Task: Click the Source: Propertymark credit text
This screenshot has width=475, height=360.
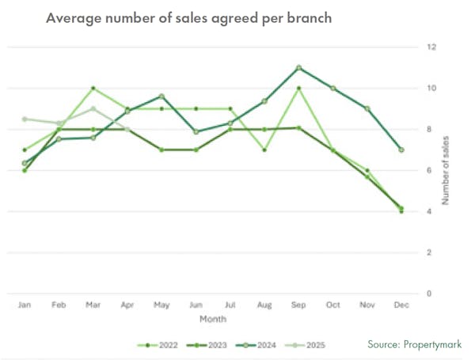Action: (414, 345)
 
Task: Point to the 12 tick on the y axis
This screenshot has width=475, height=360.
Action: (431, 47)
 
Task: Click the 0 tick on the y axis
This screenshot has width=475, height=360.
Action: (429, 294)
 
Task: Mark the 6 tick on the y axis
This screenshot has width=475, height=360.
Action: (429, 170)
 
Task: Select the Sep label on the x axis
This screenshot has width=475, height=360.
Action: (298, 305)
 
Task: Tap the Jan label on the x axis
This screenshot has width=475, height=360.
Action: (25, 305)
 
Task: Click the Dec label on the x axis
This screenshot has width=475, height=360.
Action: (401, 305)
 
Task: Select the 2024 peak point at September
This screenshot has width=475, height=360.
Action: (298, 67)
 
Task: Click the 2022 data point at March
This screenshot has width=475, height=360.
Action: (93, 88)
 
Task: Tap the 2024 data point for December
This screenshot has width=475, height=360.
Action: (401, 150)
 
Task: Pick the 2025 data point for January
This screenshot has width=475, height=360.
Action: (25, 119)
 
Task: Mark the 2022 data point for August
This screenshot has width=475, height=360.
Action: (264, 150)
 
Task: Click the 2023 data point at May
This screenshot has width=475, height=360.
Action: (161, 150)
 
